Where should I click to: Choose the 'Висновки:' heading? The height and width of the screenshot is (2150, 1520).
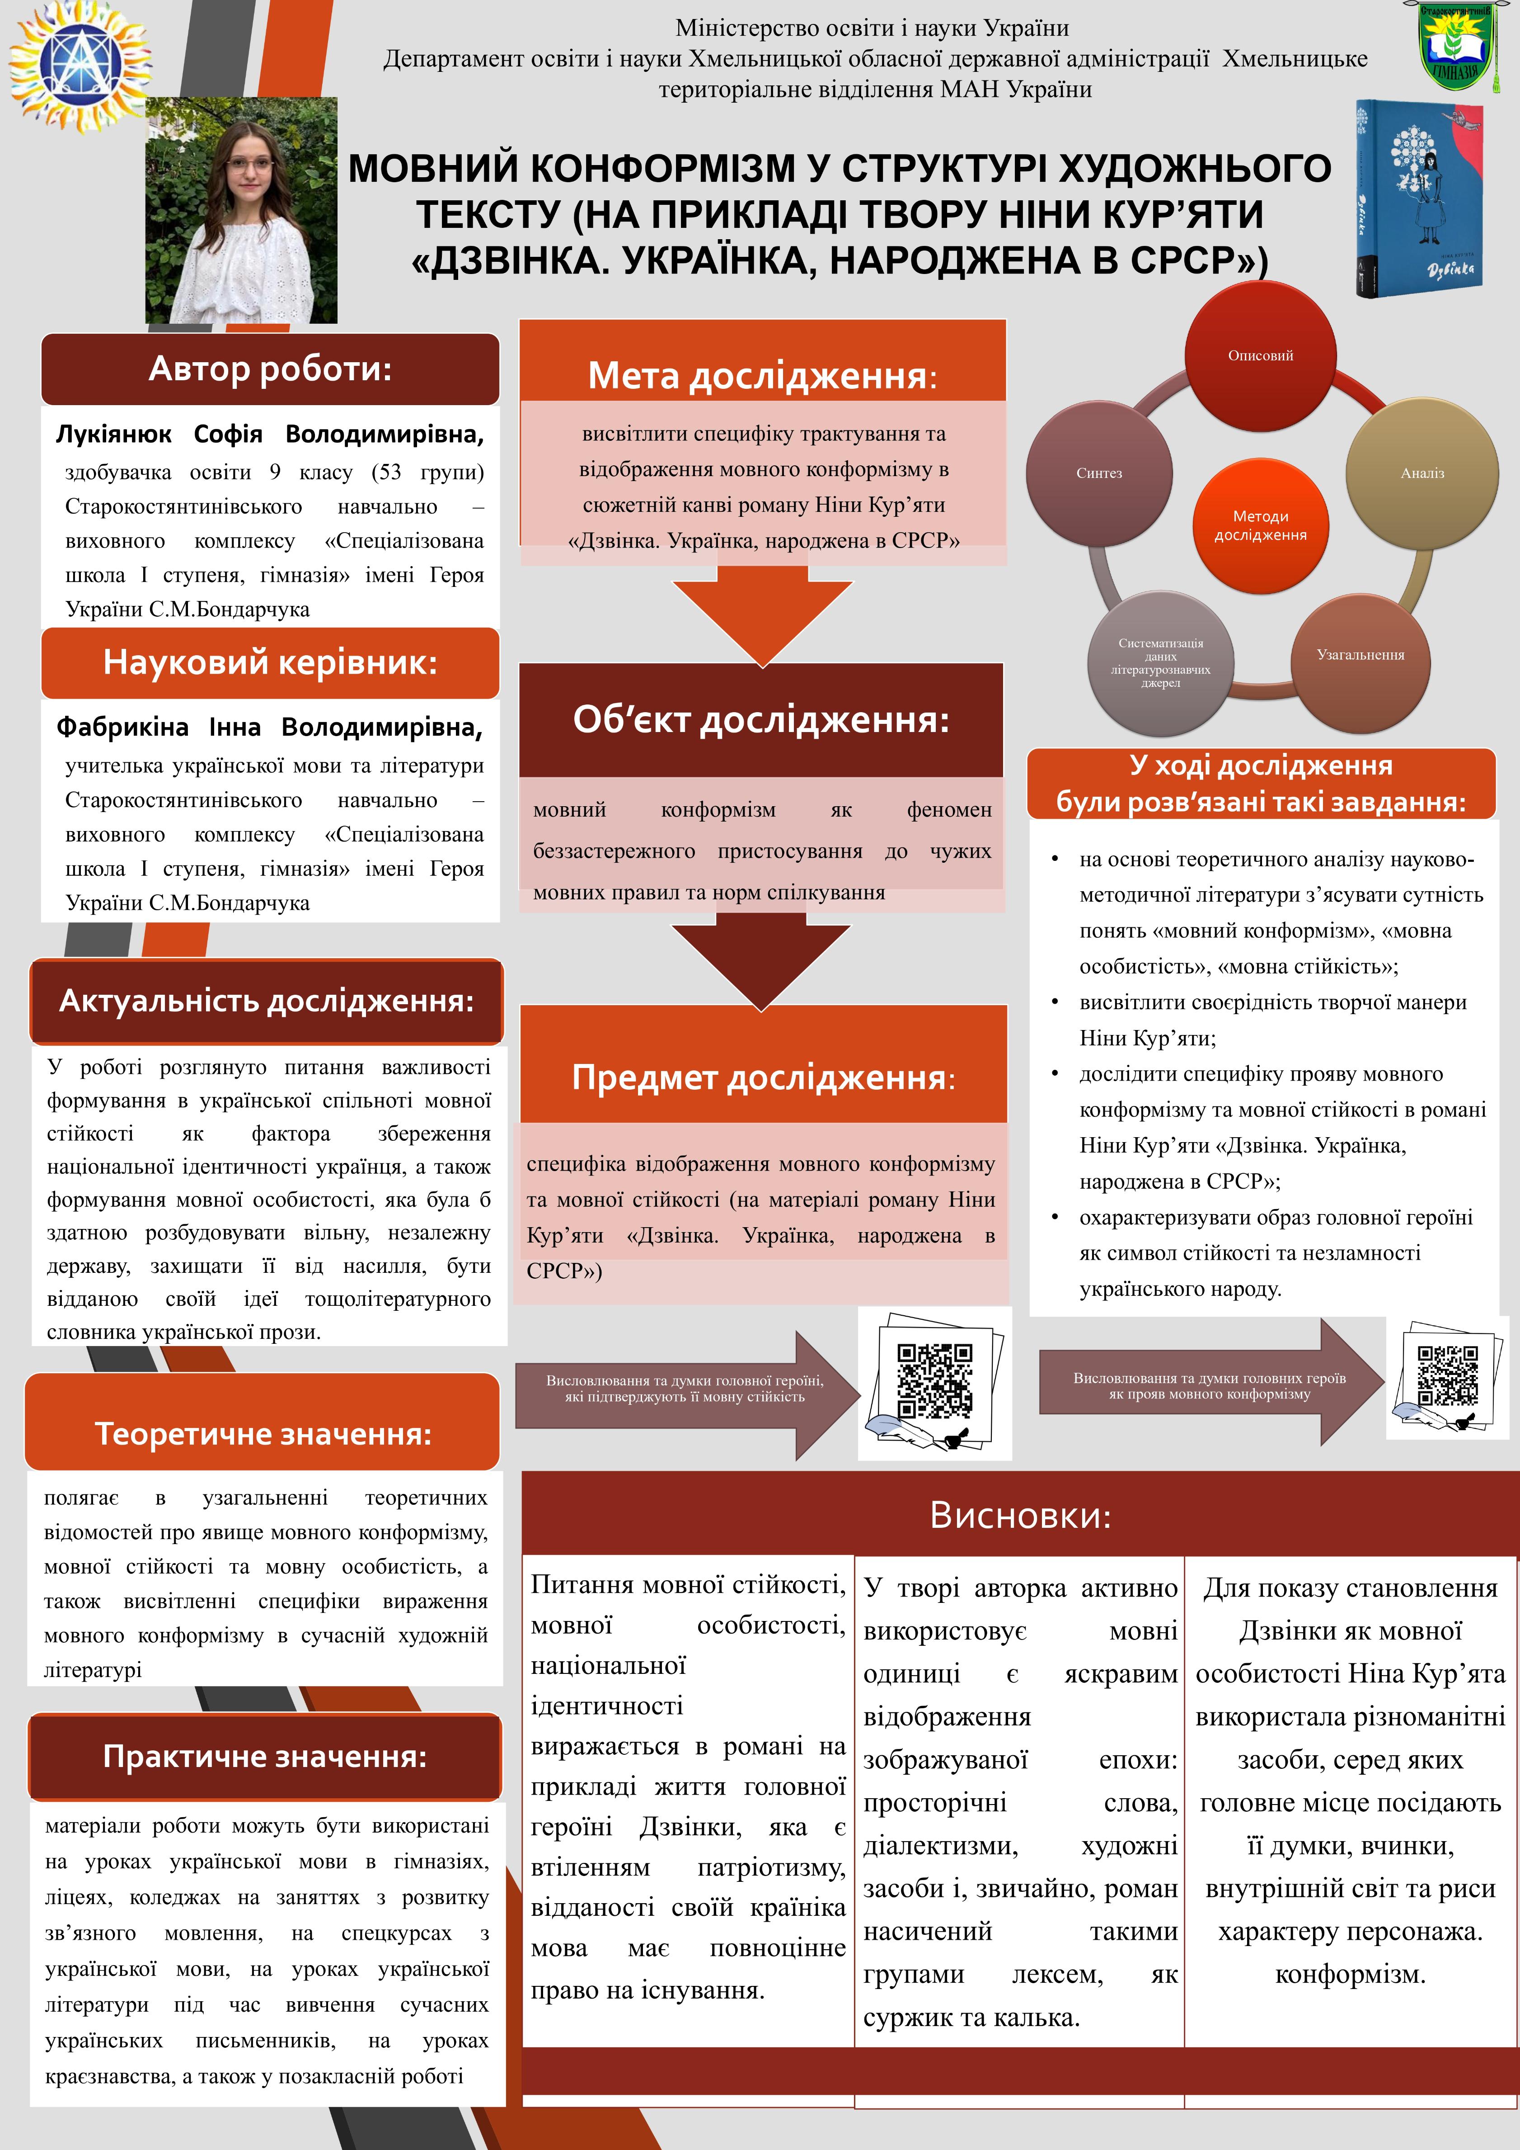click(x=1020, y=1515)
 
